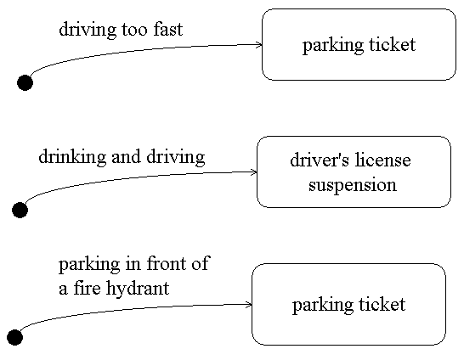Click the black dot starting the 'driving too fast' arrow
pyautogui.click(x=25, y=82)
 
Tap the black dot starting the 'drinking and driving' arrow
pyautogui.click(x=20, y=210)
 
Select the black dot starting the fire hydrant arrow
pyautogui.click(x=14, y=338)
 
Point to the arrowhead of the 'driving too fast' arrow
pyautogui.click(x=258, y=44)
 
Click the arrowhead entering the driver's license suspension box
pyautogui.click(x=253, y=172)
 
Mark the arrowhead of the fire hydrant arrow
pyautogui.click(x=248, y=303)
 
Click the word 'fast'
pyautogui.click(x=167, y=30)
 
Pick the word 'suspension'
pyautogui.click(x=353, y=185)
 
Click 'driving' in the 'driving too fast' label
pyautogui.click(x=87, y=30)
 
